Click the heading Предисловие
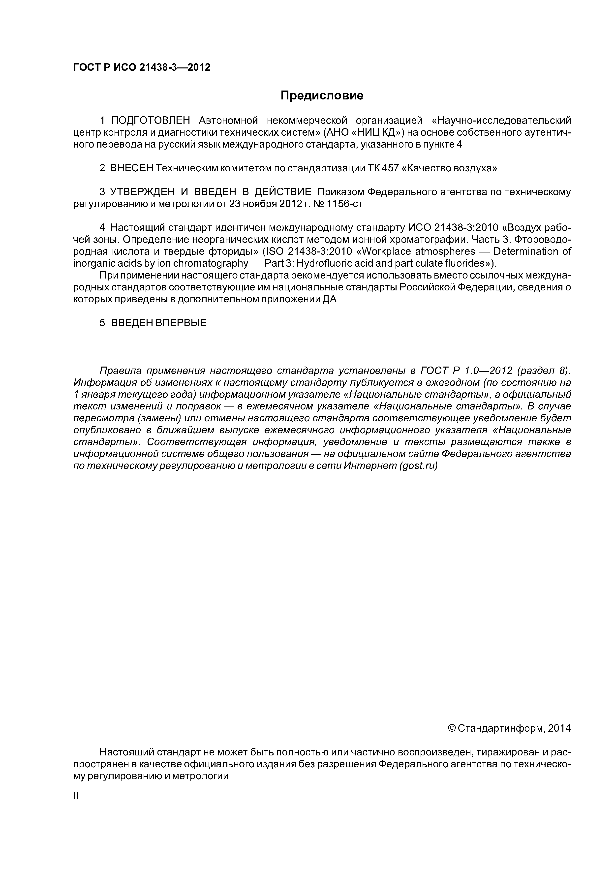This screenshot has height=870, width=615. (322, 95)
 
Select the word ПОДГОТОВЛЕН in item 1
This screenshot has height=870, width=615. (150, 121)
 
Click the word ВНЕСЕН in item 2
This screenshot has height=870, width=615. (131, 168)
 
